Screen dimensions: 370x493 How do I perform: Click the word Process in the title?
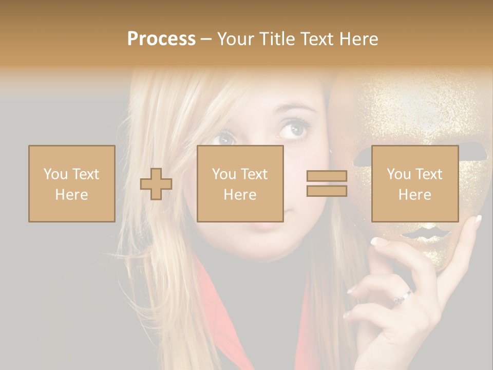(161, 39)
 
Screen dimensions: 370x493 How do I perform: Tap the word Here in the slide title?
(357, 39)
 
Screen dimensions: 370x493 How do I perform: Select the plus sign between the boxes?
(156, 184)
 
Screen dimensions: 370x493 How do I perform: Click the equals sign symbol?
(327, 183)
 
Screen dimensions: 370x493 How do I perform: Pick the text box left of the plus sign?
(71, 183)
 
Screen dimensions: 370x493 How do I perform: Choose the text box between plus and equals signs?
(240, 183)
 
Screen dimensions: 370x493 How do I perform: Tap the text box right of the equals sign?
(414, 183)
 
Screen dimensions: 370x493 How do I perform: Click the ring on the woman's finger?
(402, 297)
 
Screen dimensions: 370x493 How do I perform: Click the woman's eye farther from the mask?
(224, 138)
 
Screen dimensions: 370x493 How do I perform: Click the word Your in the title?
(235, 39)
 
